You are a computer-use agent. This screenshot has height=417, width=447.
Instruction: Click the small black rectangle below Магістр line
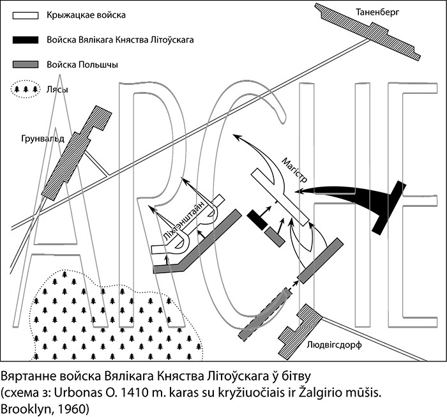(x=258, y=219)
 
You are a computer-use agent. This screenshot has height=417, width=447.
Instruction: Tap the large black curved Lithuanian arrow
(x=358, y=192)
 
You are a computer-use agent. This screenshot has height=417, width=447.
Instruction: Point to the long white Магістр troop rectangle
(x=280, y=196)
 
